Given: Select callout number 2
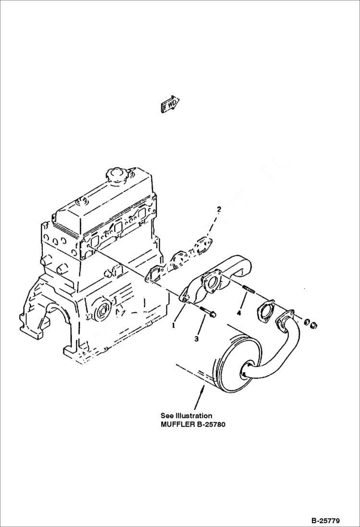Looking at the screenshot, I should (x=219, y=209).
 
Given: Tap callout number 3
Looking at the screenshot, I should (x=196, y=339).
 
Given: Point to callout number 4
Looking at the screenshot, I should (x=238, y=313).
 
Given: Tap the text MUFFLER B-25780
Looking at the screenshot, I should (x=193, y=424).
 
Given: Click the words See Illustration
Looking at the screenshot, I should (x=186, y=416).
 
